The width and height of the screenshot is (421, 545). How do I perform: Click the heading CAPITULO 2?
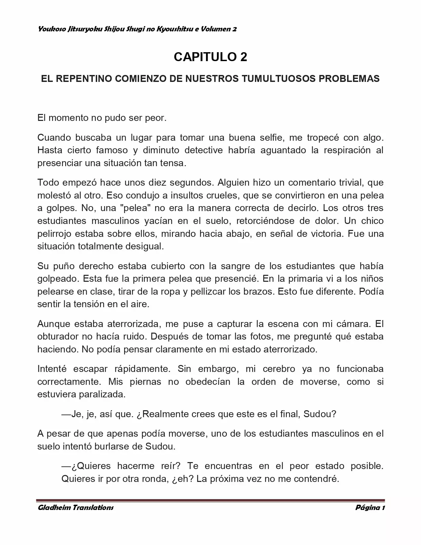click(210, 57)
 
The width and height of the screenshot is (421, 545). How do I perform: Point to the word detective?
click(203, 150)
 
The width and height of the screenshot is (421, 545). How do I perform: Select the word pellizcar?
click(202, 292)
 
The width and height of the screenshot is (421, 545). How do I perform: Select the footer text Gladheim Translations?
click(76, 508)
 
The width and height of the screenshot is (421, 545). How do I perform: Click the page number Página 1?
click(370, 508)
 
